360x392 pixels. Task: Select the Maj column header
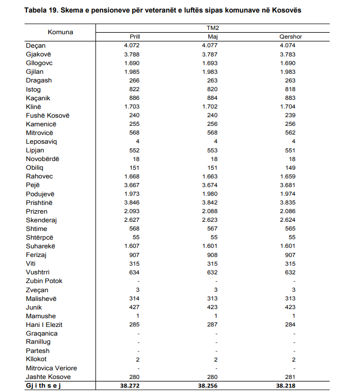[x=213, y=37]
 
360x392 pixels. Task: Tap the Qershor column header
[x=291, y=37]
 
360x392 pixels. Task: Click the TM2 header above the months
[x=213, y=28]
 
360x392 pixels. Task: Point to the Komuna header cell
[x=60, y=32]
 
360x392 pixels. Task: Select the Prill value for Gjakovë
[x=132, y=54]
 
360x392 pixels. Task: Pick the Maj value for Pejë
[x=210, y=185]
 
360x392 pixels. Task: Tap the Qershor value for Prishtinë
[x=288, y=203]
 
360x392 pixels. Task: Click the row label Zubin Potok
[x=44, y=281]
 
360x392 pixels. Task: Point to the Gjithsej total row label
[x=44, y=386]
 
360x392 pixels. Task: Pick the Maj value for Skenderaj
[x=210, y=220]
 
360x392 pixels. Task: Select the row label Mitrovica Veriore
[x=51, y=368]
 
